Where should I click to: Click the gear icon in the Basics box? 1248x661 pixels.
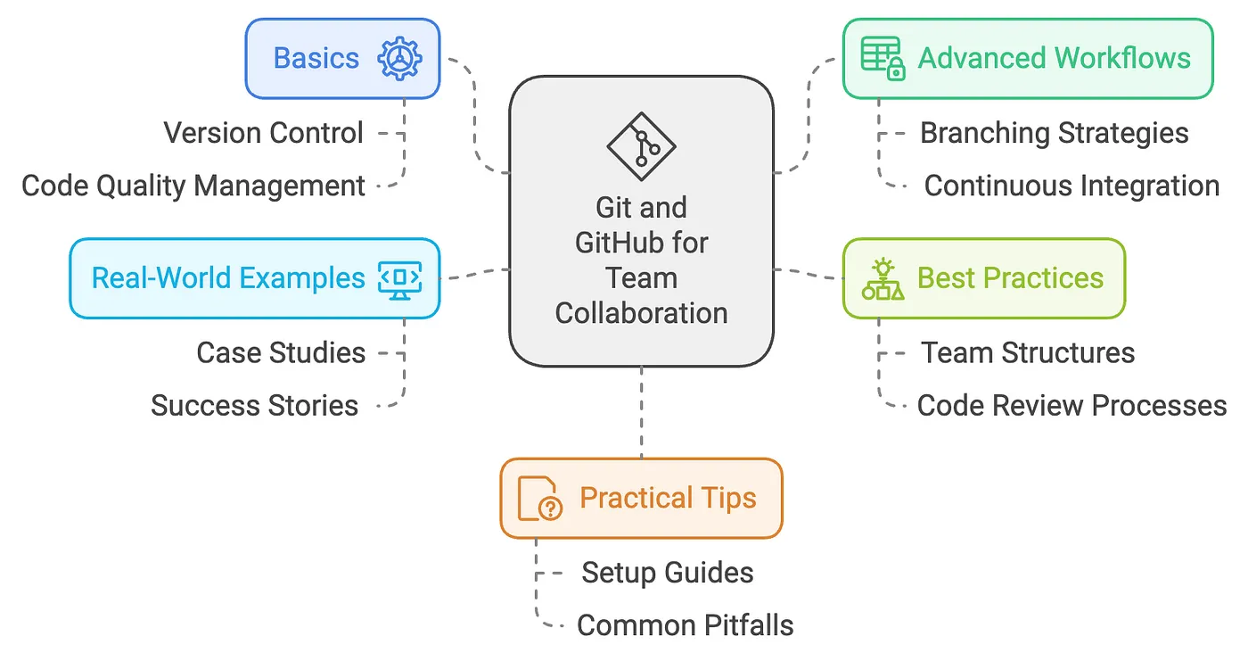pos(399,59)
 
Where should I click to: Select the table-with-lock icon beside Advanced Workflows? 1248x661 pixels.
pos(883,59)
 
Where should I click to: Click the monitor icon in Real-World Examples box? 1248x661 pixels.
pos(399,278)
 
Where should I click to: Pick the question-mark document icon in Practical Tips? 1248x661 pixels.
pos(539,499)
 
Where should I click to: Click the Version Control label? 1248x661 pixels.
pos(264,133)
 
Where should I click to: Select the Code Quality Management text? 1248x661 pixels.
pos(193,186)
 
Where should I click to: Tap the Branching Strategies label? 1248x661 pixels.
pos(1054,133)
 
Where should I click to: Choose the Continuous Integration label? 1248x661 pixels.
pos(1071,186)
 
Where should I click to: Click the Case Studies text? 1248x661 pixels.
pos(281,352)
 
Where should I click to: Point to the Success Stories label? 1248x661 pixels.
pos(254,406)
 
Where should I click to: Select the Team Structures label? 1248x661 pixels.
pos(1028,352)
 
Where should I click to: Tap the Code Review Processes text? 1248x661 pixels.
pos(1071,406)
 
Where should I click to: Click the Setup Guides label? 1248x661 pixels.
pos(668,573)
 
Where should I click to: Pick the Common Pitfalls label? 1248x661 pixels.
pos(685,625)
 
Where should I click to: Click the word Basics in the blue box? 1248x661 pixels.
pos(316,59)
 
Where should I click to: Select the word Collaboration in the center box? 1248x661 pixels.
pos(641,313)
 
